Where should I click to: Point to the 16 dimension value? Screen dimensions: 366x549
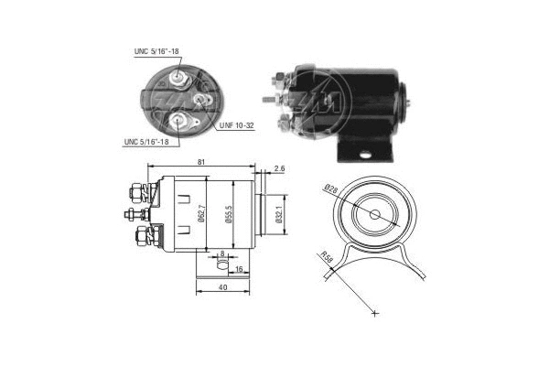239,271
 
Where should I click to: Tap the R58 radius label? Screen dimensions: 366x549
326,258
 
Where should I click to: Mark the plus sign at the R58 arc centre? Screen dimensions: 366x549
375,313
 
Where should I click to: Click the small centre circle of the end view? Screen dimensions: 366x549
375,214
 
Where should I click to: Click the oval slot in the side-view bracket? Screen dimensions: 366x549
221,266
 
